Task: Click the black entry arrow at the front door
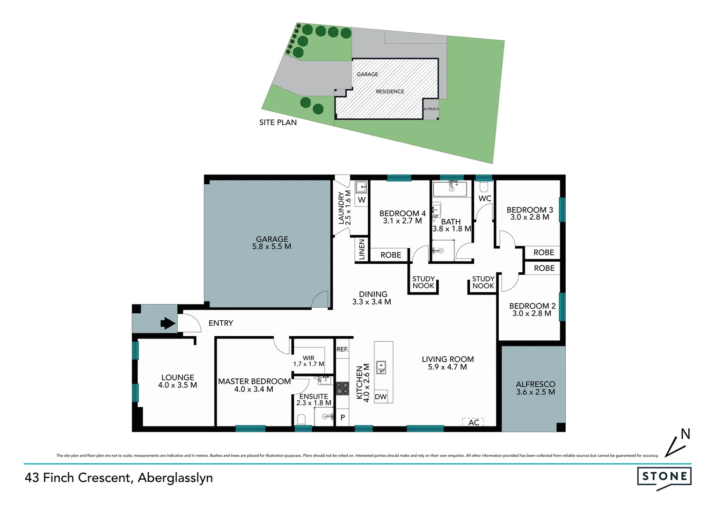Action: coord(168,323)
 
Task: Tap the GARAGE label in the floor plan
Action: coord(272,239)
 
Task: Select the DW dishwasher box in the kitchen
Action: coord(381,397)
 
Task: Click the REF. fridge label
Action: coord(342,349)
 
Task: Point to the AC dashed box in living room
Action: coord(473,422)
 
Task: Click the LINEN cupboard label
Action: coord(362,250)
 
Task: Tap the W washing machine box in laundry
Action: coord(362,200)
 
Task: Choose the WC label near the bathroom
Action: coord(485,198)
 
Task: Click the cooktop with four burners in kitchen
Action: coord(343,389)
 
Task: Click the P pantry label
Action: coord(343,418)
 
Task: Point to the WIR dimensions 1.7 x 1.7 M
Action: coord(308,364)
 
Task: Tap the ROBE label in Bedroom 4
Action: coord(391,255)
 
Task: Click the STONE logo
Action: coord(664,477)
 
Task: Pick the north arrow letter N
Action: coord(686,434)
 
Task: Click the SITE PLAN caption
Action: coord(278,123)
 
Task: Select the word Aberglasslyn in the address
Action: coord(175,478)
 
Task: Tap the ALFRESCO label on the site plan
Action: coord(431,109)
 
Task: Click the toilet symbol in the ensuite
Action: coord(301,418)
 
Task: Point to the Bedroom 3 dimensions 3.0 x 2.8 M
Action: coord(530,217)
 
